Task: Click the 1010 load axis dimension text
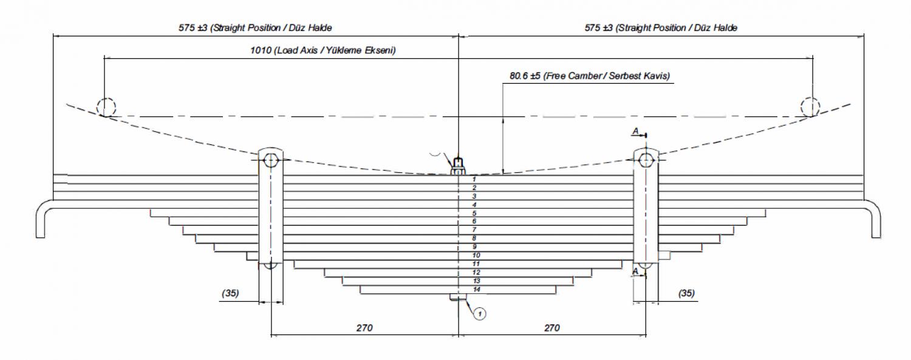(x=323, y=50)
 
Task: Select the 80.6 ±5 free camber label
(x=590, y=76)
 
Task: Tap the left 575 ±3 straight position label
(x=256, y=28)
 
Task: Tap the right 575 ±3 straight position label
(x=661, y=28)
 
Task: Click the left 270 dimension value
(x=364, y=328)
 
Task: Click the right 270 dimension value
(x=552, y=328)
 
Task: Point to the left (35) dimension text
(x=230, y=293)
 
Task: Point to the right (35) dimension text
(x=686, y=293)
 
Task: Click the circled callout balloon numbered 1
(x=480, y=314)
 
